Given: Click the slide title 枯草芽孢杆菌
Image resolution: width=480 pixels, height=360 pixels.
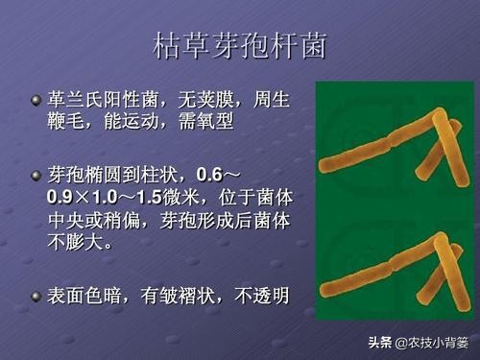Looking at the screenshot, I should (x=239, y=45).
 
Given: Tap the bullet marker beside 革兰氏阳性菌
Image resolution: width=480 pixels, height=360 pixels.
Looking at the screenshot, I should (x=36, y=100).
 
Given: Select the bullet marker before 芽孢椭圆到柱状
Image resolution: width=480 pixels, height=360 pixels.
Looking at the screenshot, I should (x=36, y=176).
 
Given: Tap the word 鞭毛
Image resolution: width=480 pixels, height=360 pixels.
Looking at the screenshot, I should (x=69, y=123).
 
